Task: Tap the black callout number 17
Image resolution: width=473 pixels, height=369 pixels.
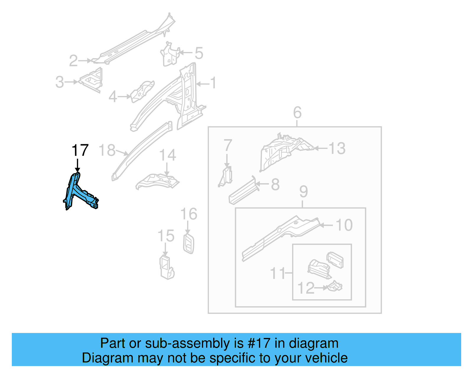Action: click(x=80, y=150)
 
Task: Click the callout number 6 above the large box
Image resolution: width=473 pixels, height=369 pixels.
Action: click(x=297, y=113)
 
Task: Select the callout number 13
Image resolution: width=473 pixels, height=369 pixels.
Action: click(x=337, y=148)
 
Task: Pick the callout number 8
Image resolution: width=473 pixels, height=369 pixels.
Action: click(x=275, y=185)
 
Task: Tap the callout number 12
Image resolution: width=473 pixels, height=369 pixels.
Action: click(x=306, y=288)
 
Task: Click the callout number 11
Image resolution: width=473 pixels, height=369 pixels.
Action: click(x=278, y=273)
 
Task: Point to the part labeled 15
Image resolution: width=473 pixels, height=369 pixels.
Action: click(x=166, y=267)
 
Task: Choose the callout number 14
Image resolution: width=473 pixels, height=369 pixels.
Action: click(x=167, y=155)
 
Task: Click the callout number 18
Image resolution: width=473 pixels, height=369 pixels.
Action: click(x=107, y=150)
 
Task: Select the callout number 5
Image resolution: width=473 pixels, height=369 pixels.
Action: click(x=199, y=53)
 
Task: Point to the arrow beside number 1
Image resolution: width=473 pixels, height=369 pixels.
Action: click(x=203, y=84)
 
